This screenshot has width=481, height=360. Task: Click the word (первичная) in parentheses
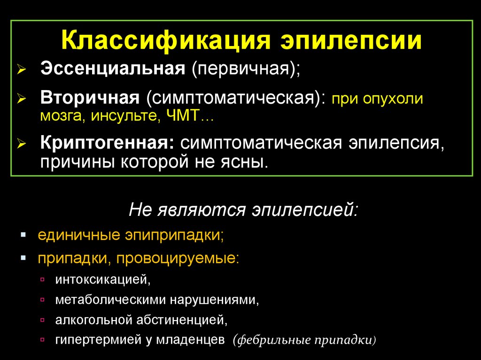[245, 69]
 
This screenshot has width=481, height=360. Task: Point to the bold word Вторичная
[90, 99]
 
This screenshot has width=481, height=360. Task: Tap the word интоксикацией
[102, 280]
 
